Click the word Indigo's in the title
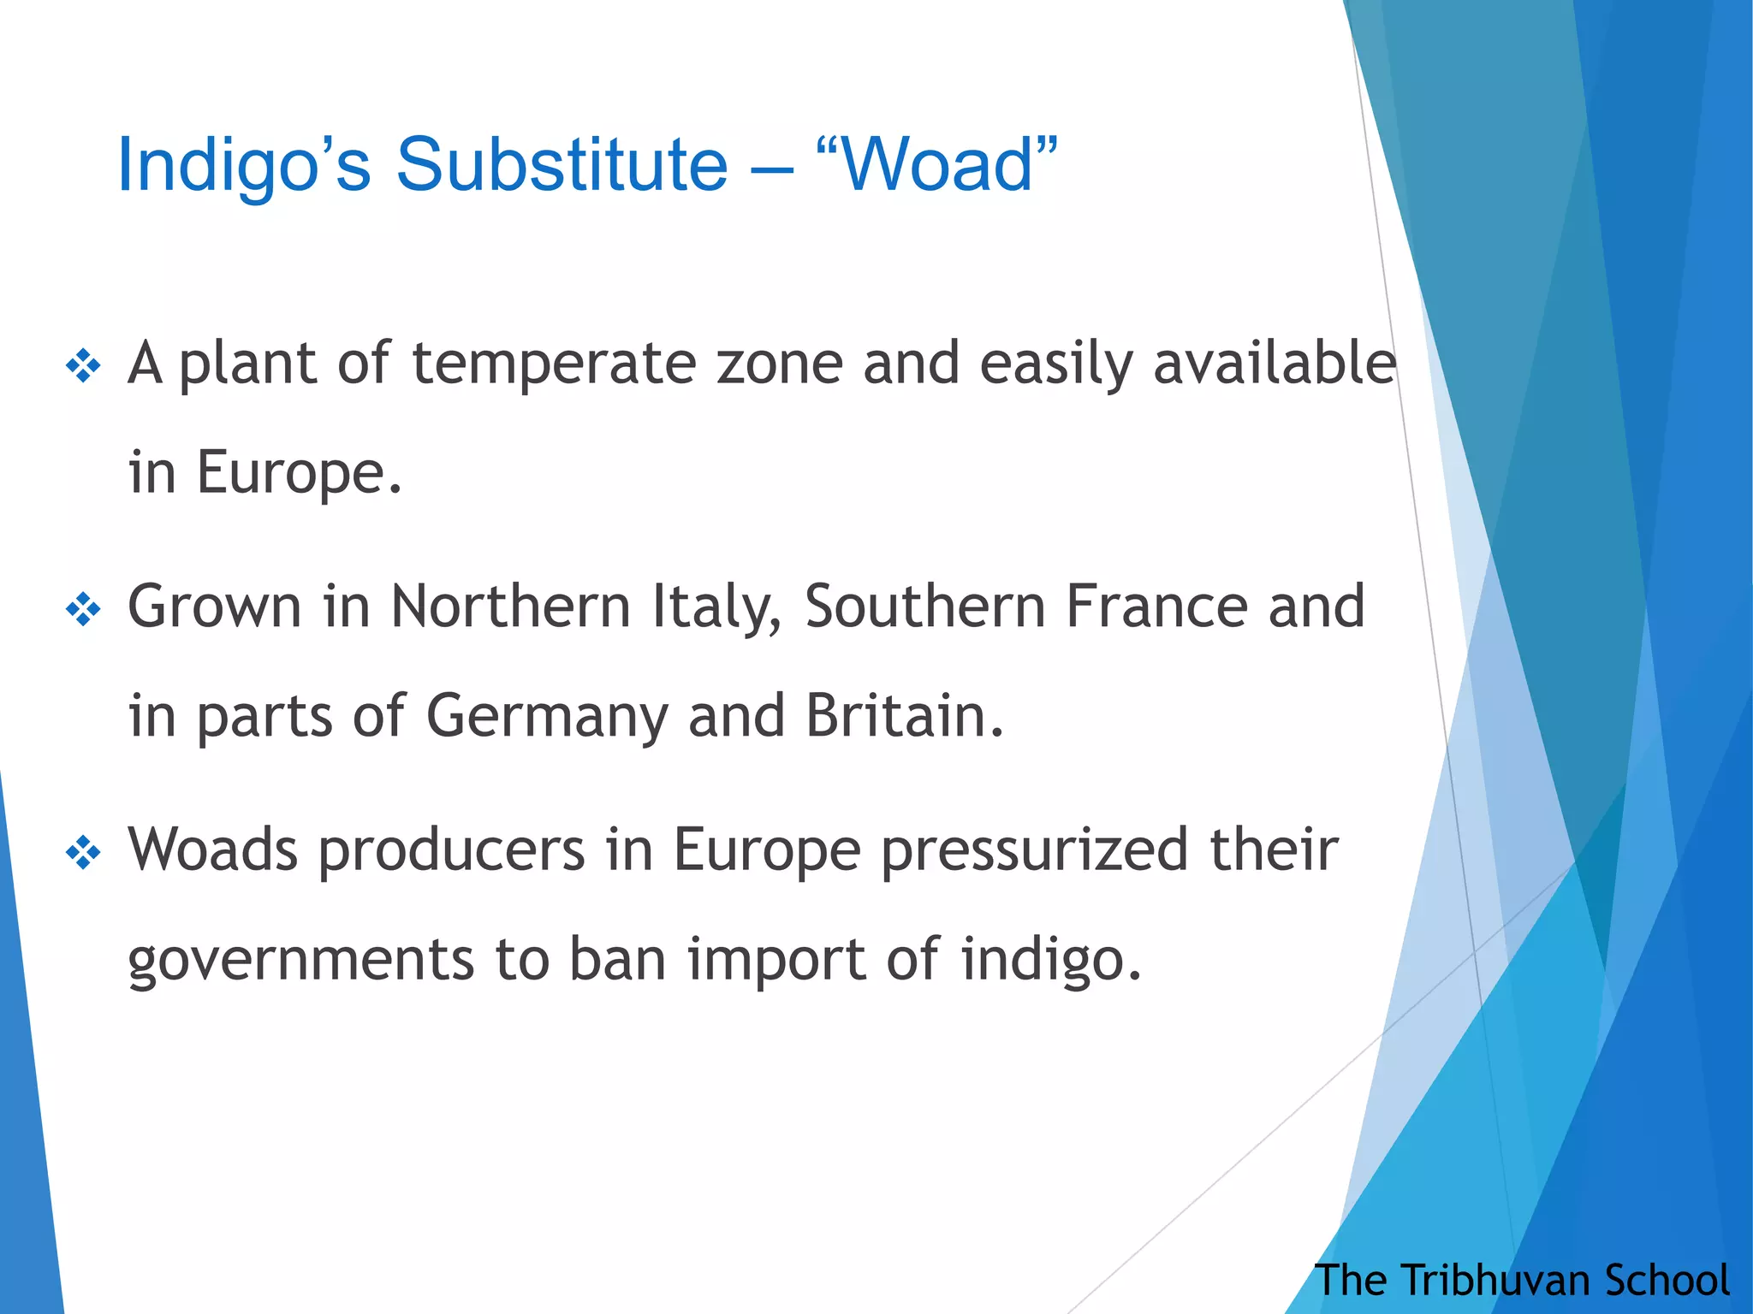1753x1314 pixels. coord(244,166)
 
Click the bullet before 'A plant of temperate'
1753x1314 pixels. coord(83,367)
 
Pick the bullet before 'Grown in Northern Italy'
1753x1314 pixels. coord(83,610)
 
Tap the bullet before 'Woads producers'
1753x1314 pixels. coord(83,853)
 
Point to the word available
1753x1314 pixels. coord(1275,364)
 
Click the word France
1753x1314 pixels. coord(1156,607)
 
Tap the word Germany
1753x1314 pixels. coord(547,717)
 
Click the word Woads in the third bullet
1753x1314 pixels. coord(213,849)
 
